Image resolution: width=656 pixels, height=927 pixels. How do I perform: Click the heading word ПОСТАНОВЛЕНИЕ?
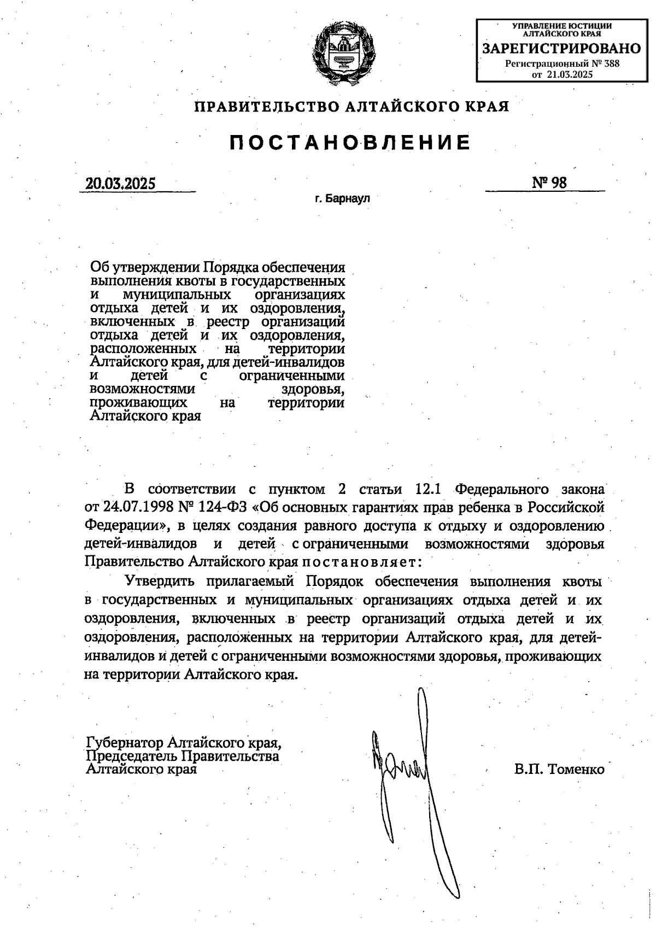(x=350, y=143)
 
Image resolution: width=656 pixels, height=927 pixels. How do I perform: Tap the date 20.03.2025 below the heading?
(x=120, y=184)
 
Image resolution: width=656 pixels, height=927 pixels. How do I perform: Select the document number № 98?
(x=549, y=183)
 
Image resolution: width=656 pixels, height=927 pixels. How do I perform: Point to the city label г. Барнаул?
(x=342, y=199)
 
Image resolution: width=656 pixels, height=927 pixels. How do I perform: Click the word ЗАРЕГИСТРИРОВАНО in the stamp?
(x=562, y=49)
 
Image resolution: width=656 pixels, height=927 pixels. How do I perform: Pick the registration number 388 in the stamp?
(x=612, y=63)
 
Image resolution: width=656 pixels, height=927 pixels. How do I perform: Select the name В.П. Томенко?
(x=559, y=770)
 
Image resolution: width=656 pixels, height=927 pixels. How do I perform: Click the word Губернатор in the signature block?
(x=124, y=743)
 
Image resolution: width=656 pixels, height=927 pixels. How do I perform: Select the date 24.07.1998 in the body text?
(x=137, y=507)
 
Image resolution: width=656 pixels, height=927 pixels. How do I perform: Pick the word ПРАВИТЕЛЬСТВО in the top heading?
(x=268, y=106)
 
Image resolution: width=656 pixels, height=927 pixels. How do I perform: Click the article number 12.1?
(x=432, y=488)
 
